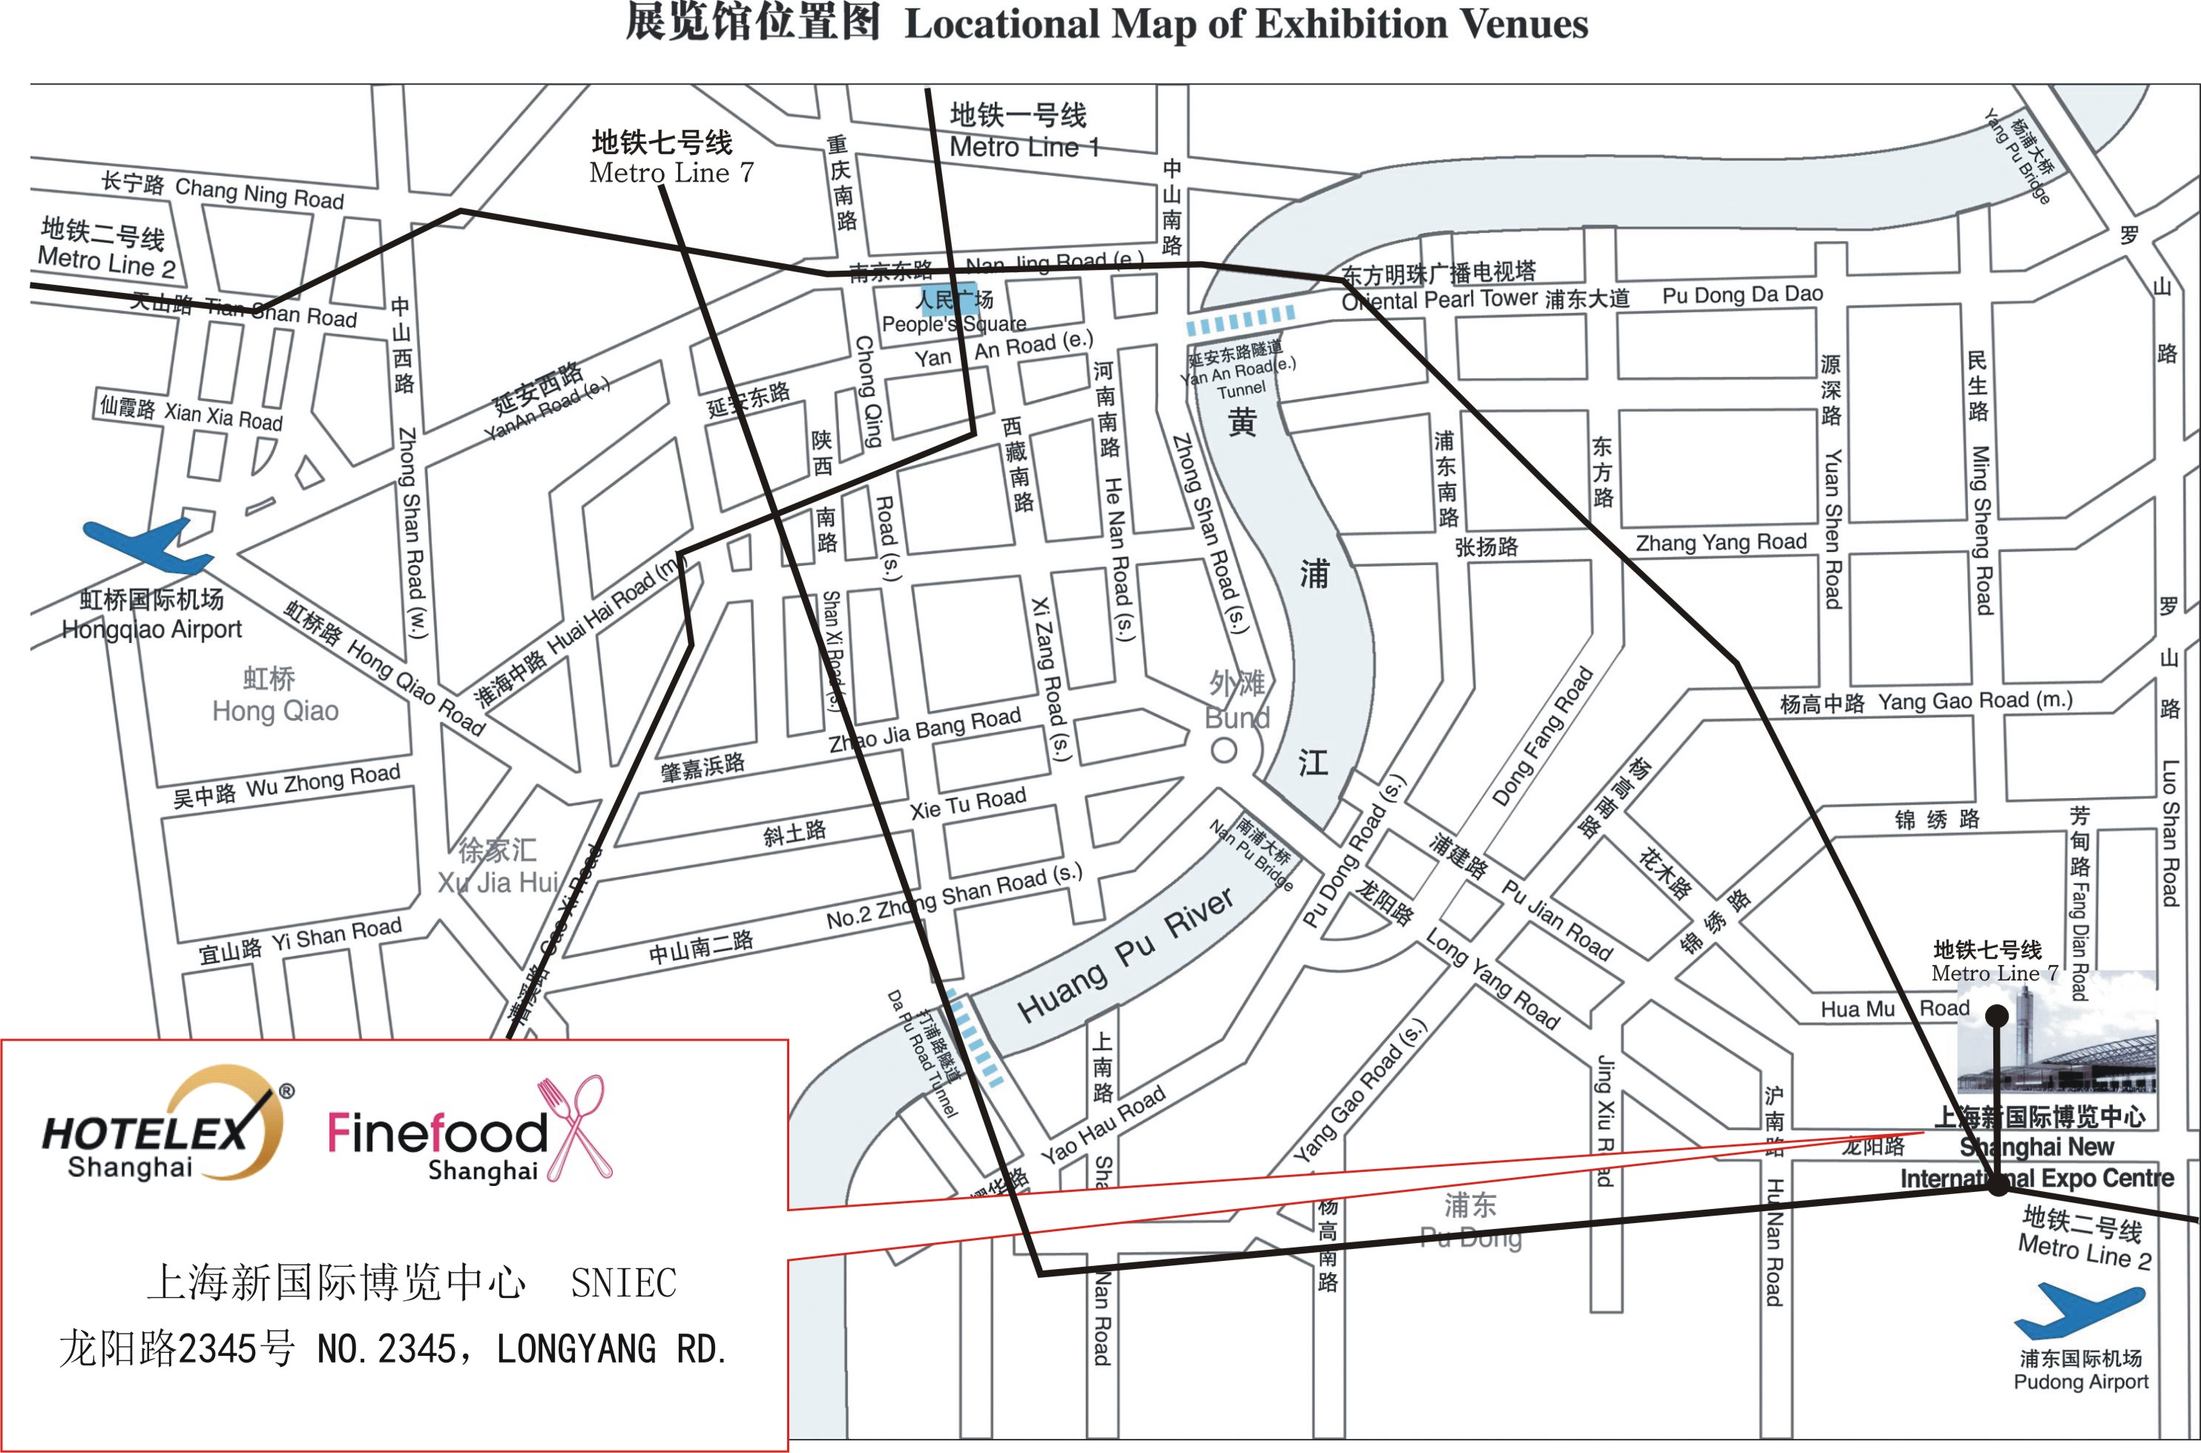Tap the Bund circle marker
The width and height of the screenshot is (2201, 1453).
[x=1223, y=751]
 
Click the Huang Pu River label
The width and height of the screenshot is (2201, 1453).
[x=1125, y=955]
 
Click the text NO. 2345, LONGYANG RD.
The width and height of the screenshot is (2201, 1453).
[x=522, y=1349]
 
